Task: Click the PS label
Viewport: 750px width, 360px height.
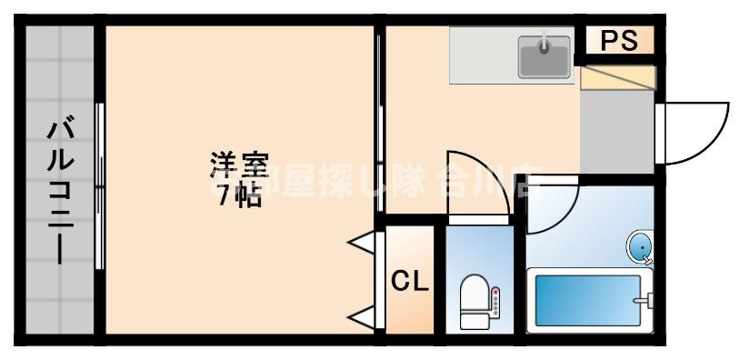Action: pyautogui.click(x=617, y=41)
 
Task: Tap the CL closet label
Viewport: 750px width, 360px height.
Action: pyautogui.click(x=409, y=281)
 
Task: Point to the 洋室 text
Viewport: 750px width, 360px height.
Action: pyautogui.click(x=239, y=165)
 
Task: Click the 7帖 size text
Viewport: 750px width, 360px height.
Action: pyautogui.click(x=238, y=195)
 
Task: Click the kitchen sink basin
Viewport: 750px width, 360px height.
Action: pyautogui.click(x=545, y=57)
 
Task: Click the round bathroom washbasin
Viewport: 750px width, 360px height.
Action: pyautogui.click(x=641, y=246)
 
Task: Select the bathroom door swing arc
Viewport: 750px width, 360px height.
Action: pyautogui.click(x=553, y=205)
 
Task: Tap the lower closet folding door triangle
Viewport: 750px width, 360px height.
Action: pyautogui.click(x=365, y=318)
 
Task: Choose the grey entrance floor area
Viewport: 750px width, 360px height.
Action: pyautogui.click(x=615, y=131)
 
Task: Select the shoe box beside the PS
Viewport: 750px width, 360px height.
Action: pyautogui.click(x=617, y=76)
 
